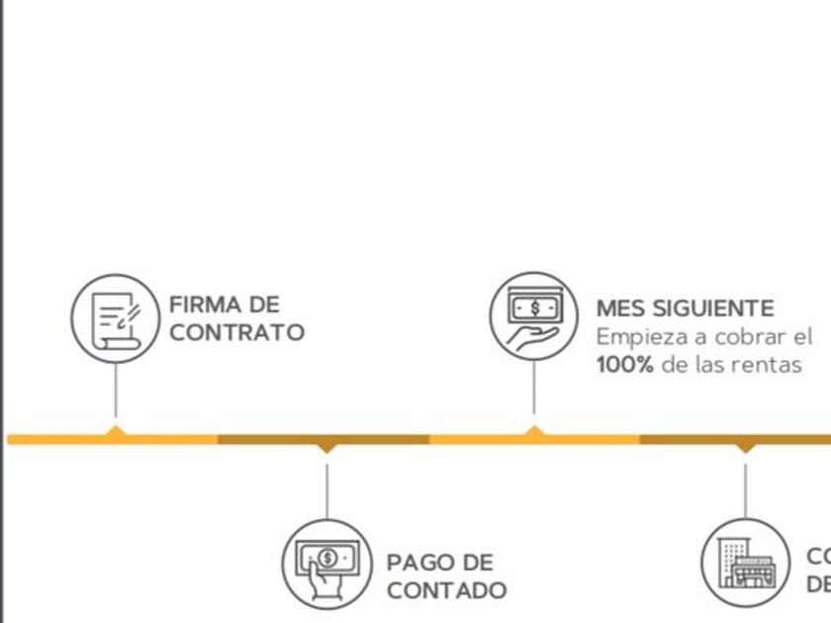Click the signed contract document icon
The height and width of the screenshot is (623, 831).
tap(116, 318)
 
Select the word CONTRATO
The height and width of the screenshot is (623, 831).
tap(236, 332)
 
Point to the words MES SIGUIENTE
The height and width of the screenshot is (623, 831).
tap(685, 309)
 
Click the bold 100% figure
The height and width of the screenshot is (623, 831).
tap(624, 364)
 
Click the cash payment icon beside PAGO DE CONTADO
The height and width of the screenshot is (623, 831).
tap(326, 564)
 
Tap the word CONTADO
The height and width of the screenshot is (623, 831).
tap(446, 591)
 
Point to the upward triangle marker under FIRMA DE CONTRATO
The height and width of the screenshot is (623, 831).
tap(116, 431)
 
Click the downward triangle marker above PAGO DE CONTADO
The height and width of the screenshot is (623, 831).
tap(326, 448)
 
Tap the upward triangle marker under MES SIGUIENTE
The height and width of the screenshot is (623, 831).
tap(534, 431)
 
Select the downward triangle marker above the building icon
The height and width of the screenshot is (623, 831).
tap(745, 448)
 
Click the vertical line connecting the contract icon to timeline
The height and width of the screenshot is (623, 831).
tap(116, 391)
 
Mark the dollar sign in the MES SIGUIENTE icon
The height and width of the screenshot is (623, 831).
tap(535, 308)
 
